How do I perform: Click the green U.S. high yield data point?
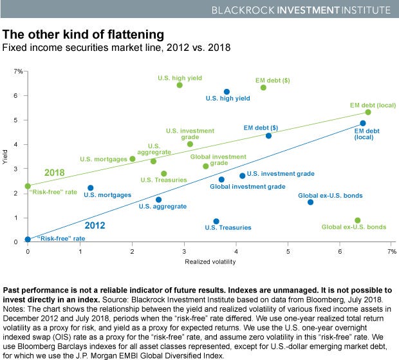pos(180,85)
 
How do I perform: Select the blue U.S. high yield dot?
pos(227,92)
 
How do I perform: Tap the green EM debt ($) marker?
pos(263,88)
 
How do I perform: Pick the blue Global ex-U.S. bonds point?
pos(310,202)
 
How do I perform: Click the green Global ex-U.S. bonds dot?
pos(358,220)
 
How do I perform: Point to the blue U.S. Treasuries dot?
pos(216,221)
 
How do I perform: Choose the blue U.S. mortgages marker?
pos(90,188)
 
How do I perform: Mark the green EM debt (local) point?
pos(367,112)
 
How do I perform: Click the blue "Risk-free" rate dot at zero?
pos(28,240)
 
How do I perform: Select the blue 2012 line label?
pos(95,225)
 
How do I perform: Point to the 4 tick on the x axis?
pos(236,250)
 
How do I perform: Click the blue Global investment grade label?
pos(248,186)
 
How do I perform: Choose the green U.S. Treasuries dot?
pos(163,174)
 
